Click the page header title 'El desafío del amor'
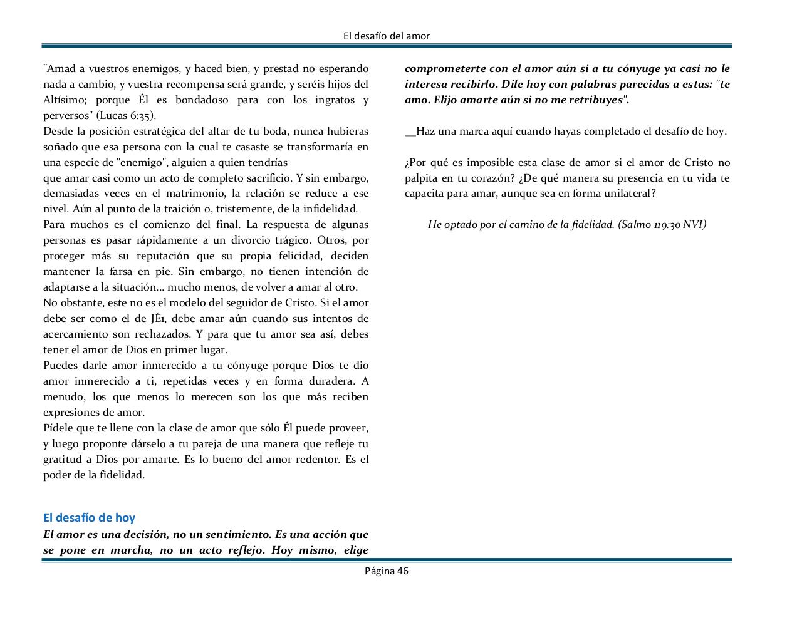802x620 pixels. click(387, 36)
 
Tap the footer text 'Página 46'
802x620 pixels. click(387, 571)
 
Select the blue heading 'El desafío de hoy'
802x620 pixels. click(89, 517)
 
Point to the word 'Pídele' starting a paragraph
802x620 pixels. click(58, 428)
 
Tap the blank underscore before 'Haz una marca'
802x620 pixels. click(410, 132)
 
